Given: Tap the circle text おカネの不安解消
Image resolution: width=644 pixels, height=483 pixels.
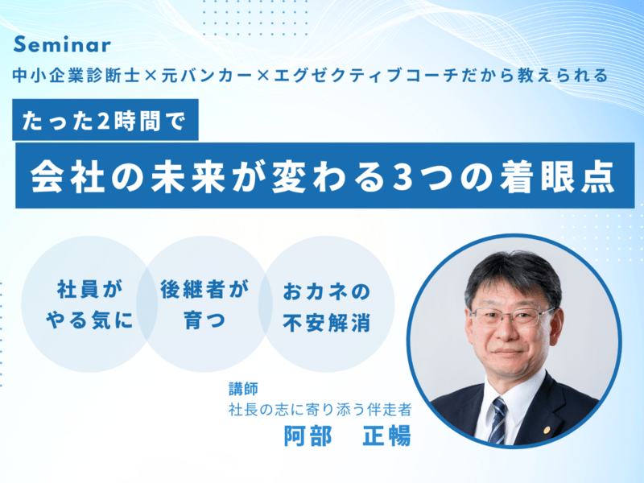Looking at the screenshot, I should (326, 306).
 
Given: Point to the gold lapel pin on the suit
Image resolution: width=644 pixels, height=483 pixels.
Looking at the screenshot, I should (546, 428).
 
